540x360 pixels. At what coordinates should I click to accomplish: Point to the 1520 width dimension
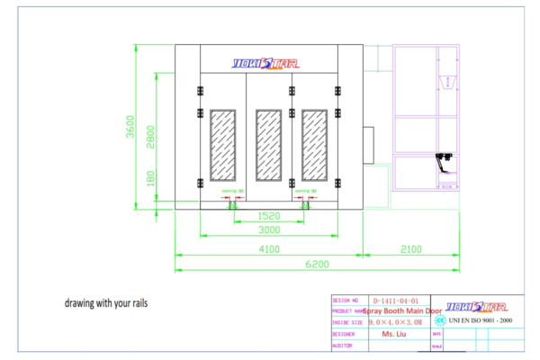coord(269,217)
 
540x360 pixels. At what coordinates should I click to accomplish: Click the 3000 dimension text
coord(269,230)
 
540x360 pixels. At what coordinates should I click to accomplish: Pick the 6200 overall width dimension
coord(316,264)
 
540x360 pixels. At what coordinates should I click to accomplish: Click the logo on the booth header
coord(269,64)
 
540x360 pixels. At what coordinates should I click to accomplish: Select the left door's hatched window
coord(222,145)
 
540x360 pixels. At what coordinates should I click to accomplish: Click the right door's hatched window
coord(314,145)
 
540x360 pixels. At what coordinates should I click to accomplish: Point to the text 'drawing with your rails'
coord(105,303)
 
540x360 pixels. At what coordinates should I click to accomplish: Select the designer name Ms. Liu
coord(394,334)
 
